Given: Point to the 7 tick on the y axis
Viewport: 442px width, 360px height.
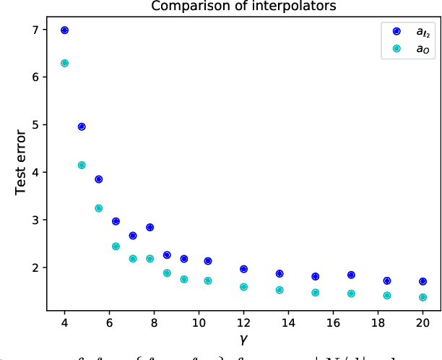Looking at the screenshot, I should (36, 30).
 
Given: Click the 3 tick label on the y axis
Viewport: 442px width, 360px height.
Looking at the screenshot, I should (36, 220).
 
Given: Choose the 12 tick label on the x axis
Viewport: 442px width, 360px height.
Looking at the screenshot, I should (243, 322).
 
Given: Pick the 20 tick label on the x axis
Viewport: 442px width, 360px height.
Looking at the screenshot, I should (422, 322).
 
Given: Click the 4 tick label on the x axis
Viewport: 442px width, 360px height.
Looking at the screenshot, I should (64, 322).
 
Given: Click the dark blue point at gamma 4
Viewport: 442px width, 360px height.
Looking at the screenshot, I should (64, 30).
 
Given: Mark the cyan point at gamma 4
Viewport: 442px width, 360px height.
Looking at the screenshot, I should (64, 63).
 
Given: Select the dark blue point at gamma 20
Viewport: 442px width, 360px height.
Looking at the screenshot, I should (422, 281).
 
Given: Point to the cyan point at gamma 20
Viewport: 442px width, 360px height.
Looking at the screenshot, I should (422, 297).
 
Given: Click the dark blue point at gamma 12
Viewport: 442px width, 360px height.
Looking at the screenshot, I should (243, 269).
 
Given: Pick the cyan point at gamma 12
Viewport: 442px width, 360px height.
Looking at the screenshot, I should (243, 287).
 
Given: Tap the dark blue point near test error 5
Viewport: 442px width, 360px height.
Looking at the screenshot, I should (82, 127).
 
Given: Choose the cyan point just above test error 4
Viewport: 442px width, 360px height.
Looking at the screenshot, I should (82, 165).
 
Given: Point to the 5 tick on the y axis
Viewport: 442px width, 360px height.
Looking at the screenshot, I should (36, 124).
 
